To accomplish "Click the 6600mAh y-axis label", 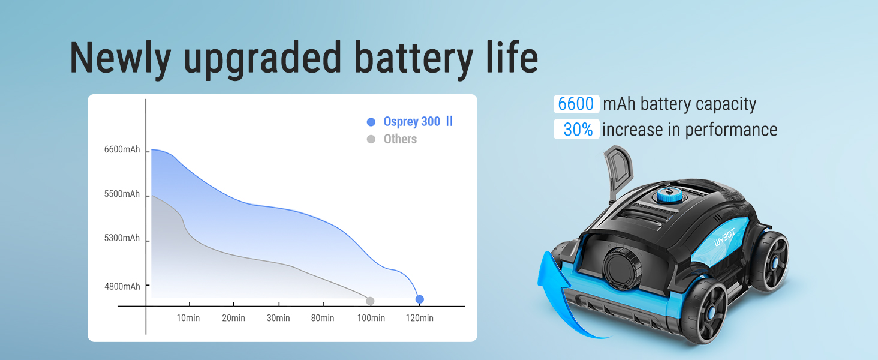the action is tap(122, 149).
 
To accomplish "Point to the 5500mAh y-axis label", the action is tap(122, 194).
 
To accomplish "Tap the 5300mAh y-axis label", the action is tap(122, 238).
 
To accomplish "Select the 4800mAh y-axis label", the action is tap(122, 286).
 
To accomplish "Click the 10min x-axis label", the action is tap(188, 318).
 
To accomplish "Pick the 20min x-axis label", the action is tap(234, 318).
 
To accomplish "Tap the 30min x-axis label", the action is tap(278, 318).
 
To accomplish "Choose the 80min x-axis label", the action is tap(323, 318).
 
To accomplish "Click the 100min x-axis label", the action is tap(371, 318).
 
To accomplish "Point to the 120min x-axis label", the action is tap(419, 318).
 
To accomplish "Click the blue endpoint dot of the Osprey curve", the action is tap(419, 299).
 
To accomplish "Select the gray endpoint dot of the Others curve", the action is tap(370, 301).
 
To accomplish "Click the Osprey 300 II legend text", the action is tap(418, 122).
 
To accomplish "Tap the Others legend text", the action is tap(400, 139).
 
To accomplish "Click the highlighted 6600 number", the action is tap(576, 104).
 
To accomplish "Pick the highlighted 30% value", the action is tap(578, 130).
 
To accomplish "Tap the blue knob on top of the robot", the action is tap(672, 194).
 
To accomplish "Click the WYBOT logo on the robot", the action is tap(724, 238).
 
